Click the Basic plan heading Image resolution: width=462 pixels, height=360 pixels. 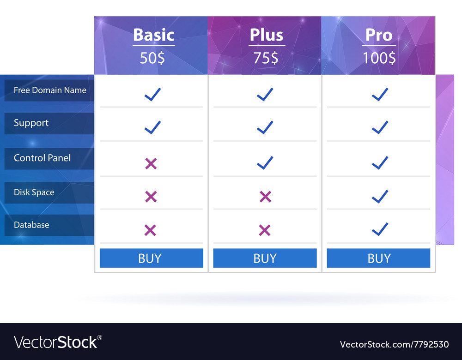[153, 36]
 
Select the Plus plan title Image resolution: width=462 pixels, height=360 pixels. [267, 36]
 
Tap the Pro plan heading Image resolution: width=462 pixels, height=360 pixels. [379, 36]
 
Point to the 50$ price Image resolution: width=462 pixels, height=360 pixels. [152, 58]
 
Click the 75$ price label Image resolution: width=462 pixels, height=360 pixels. [266, 58]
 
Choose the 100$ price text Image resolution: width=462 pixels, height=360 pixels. [379, 58]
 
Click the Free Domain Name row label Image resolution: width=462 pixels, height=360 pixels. [50, 90]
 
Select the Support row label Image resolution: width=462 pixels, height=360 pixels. [31, 123]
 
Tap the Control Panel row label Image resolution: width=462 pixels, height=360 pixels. [43, 158]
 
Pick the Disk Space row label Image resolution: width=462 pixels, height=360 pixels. [34, 192]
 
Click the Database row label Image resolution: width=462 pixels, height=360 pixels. [31, 225]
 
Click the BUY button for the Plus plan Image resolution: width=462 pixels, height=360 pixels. [265, 258]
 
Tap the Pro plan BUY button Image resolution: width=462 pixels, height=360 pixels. [378, 258]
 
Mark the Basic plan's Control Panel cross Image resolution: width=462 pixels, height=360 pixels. [151, 163]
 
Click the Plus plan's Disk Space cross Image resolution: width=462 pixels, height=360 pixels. [265, 197]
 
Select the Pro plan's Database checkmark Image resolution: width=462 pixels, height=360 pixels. [380, 229]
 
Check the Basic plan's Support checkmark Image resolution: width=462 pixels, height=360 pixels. [152, 127]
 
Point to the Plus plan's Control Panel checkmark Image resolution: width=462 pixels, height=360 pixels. [265, 162]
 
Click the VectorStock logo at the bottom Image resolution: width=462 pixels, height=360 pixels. [58, 342]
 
